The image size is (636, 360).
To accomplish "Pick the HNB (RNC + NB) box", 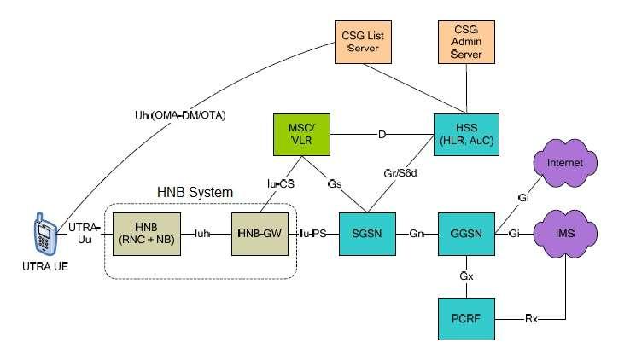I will point(143,231).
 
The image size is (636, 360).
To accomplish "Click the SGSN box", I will point(366,231).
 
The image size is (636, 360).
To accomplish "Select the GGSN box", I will point(466,231).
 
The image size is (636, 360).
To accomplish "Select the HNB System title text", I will point(194,193).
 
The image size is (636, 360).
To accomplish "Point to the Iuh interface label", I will point(201,232).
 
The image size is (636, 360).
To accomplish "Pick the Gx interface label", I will point(466,277).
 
